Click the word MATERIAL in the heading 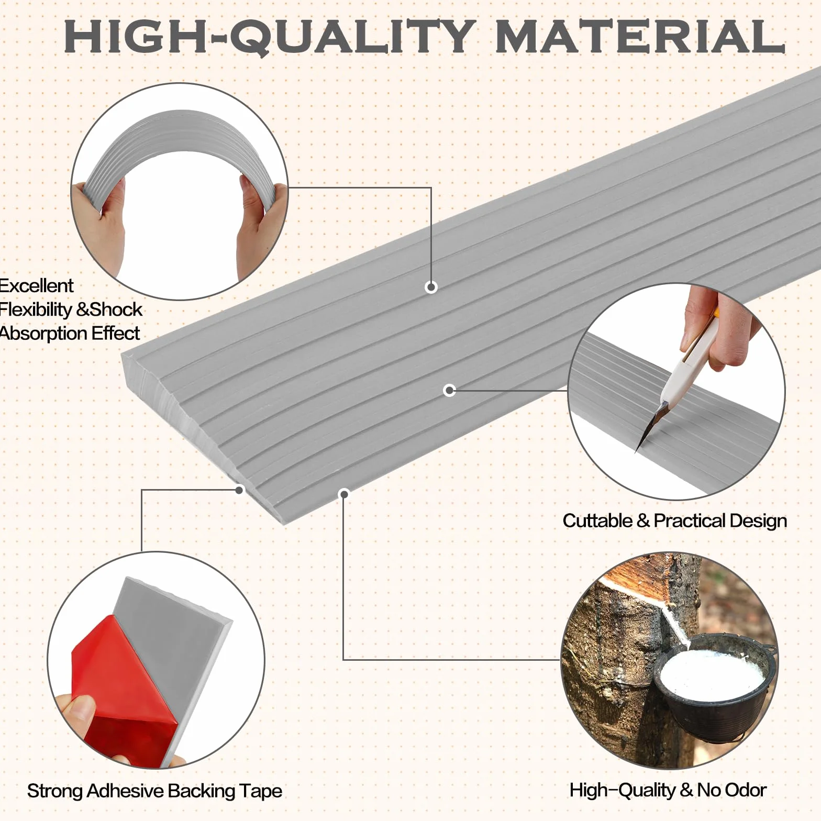point(639,36)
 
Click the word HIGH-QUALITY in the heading point(270,37)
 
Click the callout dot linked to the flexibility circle point(431,287)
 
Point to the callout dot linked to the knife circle point(449,390)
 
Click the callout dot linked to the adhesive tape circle point(240,490)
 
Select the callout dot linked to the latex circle point(343,493)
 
